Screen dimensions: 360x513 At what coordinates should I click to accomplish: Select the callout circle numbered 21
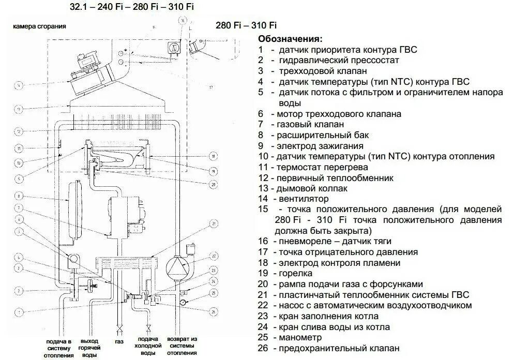coord(213,223)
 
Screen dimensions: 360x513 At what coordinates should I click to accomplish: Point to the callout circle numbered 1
coord(18,312)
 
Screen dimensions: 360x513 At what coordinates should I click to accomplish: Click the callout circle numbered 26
coord(213,311)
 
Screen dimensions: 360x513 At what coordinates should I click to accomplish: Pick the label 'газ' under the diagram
coord(119,342)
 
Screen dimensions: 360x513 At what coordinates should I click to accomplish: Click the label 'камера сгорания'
coord(39,26)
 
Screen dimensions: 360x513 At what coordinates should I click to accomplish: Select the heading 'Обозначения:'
coord(290,39)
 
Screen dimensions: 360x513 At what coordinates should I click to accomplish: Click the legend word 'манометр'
coord(300,338)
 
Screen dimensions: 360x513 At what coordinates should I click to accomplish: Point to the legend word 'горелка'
coord(295,273)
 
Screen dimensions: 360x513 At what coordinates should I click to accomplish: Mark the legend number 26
coord(263,349)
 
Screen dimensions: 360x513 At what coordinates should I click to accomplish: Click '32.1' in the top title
coord(78,7)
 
